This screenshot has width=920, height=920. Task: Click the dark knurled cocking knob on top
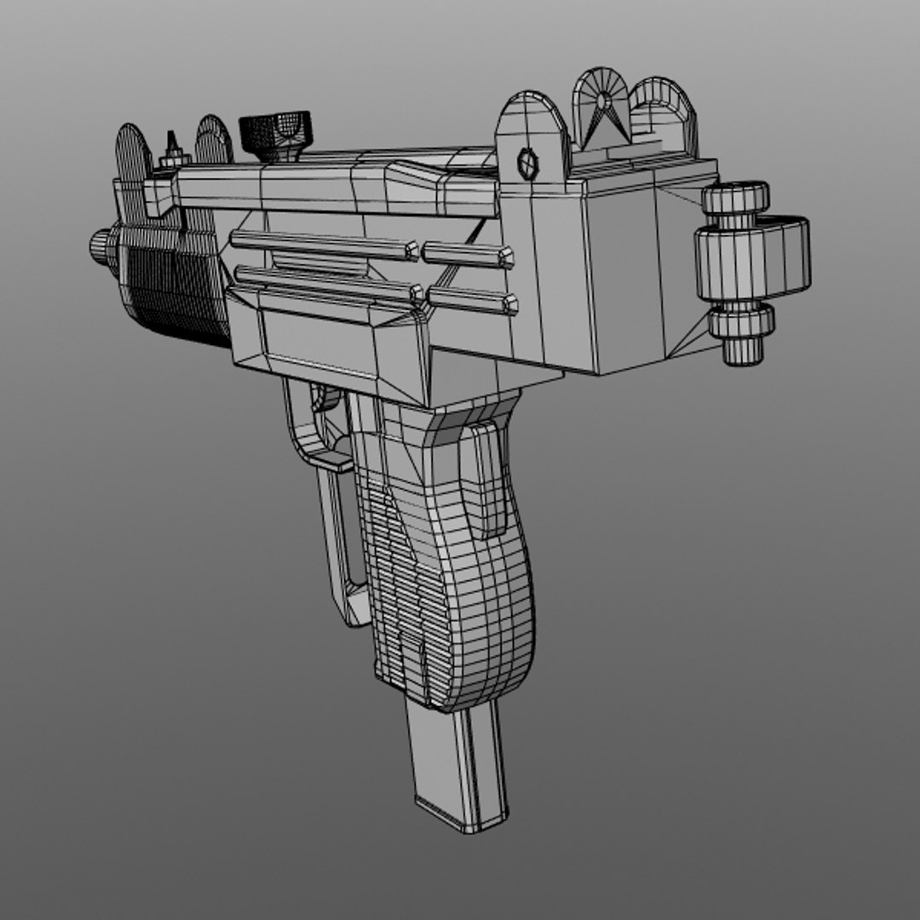click(x=275, y=133)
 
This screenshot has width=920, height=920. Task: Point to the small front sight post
click(x=174, y=146)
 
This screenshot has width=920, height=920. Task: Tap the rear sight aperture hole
click(x=604, y=101)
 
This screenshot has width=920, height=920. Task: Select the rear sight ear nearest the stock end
click(x=665, y=111)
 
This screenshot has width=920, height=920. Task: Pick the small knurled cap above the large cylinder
click(x=734, y=200)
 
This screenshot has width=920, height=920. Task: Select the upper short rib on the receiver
click(x=469, y=253)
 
